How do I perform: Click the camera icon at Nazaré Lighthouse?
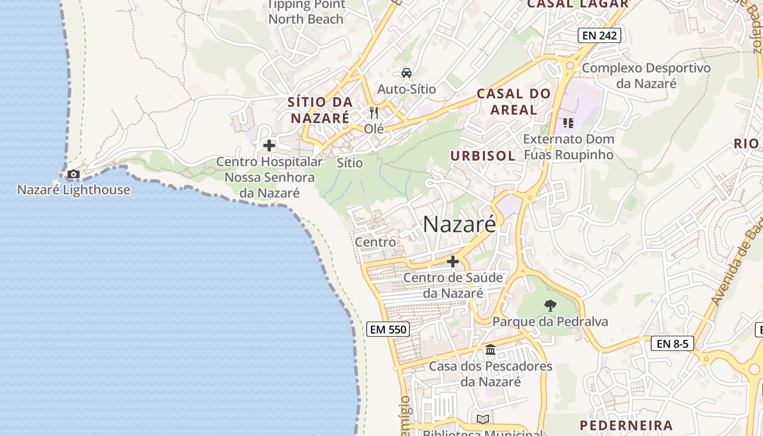(x=73, y=174)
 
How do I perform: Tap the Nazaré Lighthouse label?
(x=74, y=190)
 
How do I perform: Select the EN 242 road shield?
(x=599, y=36)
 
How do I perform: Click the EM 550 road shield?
(x=387, y=329)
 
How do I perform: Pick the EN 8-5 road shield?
(x=672, y=343)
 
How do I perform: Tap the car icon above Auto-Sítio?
(x=406, y=73)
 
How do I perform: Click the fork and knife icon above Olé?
(x=374, y=113)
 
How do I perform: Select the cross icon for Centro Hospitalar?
(x=269, y=146)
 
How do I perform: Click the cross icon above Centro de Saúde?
(x=452, y=262)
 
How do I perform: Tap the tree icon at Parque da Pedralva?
(x=550, y=306)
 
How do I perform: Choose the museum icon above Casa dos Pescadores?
(x=491, y=349)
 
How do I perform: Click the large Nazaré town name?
(x=459, y=224)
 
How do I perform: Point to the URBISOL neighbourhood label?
(x=482, y=156)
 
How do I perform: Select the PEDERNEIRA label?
(x=626, y=426)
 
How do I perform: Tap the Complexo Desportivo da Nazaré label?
(x=646, y=76)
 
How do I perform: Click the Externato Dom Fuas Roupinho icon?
(x=568, y=123)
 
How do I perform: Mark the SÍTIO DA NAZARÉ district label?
(x=320, y=110)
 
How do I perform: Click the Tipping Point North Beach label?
(x=306, y=12)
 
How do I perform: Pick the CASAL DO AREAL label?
(x=513, y=101)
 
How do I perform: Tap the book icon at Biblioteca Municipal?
(x=482, y=419)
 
